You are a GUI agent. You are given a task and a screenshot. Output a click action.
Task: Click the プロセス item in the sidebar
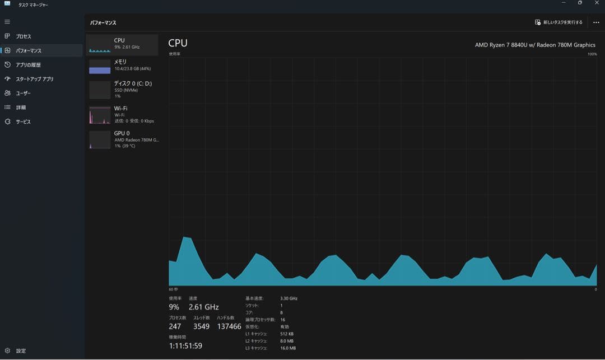tap(24, 36)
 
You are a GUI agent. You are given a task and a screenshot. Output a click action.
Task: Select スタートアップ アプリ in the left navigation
tap(34, 79)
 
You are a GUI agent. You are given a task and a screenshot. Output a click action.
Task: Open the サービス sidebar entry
tap(23, 121)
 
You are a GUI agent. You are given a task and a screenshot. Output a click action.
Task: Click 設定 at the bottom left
tap(21, 351)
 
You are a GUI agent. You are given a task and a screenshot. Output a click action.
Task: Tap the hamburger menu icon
tap(7, 22)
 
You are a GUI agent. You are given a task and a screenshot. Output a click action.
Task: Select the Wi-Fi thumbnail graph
tap(100, 115)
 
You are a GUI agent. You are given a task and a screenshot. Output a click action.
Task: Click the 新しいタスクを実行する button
tap(559, 22)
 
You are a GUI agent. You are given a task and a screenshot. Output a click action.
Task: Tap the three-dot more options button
tap(596, 22)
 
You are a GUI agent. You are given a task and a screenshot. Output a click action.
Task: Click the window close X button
tap(597, 3)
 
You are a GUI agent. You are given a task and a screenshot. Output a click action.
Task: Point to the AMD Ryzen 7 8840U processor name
tap(535, 45)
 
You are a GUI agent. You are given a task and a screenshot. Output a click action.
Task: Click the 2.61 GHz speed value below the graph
tap(203, 307)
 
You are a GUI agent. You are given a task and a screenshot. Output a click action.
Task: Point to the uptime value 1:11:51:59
tap(185, 346)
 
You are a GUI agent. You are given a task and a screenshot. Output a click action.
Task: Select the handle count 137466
tap(229, 326)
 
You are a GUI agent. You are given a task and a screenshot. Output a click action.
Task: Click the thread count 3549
tap(202, 326)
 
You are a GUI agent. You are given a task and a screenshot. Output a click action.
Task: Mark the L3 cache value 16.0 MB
tap(288, 348)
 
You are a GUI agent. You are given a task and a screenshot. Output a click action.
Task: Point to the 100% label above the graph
tap(592, 54)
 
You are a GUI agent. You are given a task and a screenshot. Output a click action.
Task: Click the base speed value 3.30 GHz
tap(288, 298)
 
